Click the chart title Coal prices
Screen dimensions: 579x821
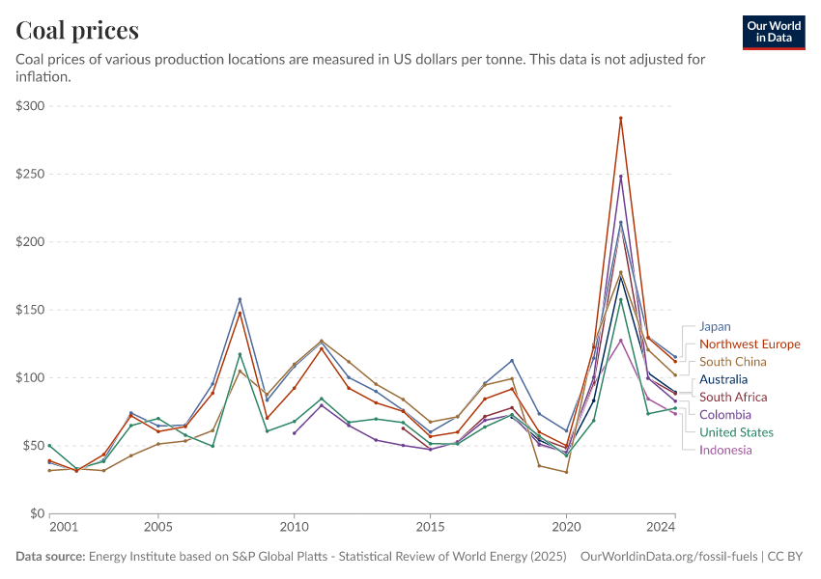coord(77,31)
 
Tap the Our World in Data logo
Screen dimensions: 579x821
coord(774,32)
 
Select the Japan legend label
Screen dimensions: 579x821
coord(715,326)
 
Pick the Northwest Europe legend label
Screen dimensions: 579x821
coord(750,344)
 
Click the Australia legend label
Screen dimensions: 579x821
coord(723,379)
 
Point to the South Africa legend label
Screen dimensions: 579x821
coord(733,397)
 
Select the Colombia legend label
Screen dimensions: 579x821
coord(724,414)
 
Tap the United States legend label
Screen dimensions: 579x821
coord(737,431)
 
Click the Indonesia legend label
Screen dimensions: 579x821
coord(725,450)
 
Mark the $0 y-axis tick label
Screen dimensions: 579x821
coord(38,513)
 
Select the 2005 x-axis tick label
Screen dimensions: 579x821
coord(158,527)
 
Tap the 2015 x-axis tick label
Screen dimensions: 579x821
coord(430,527)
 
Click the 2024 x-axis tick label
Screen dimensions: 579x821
coord(662,527)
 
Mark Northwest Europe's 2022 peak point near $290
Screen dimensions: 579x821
coord(621,118)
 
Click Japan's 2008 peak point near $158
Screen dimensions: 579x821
coord(240,299)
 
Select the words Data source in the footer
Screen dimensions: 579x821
coord(50,557)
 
